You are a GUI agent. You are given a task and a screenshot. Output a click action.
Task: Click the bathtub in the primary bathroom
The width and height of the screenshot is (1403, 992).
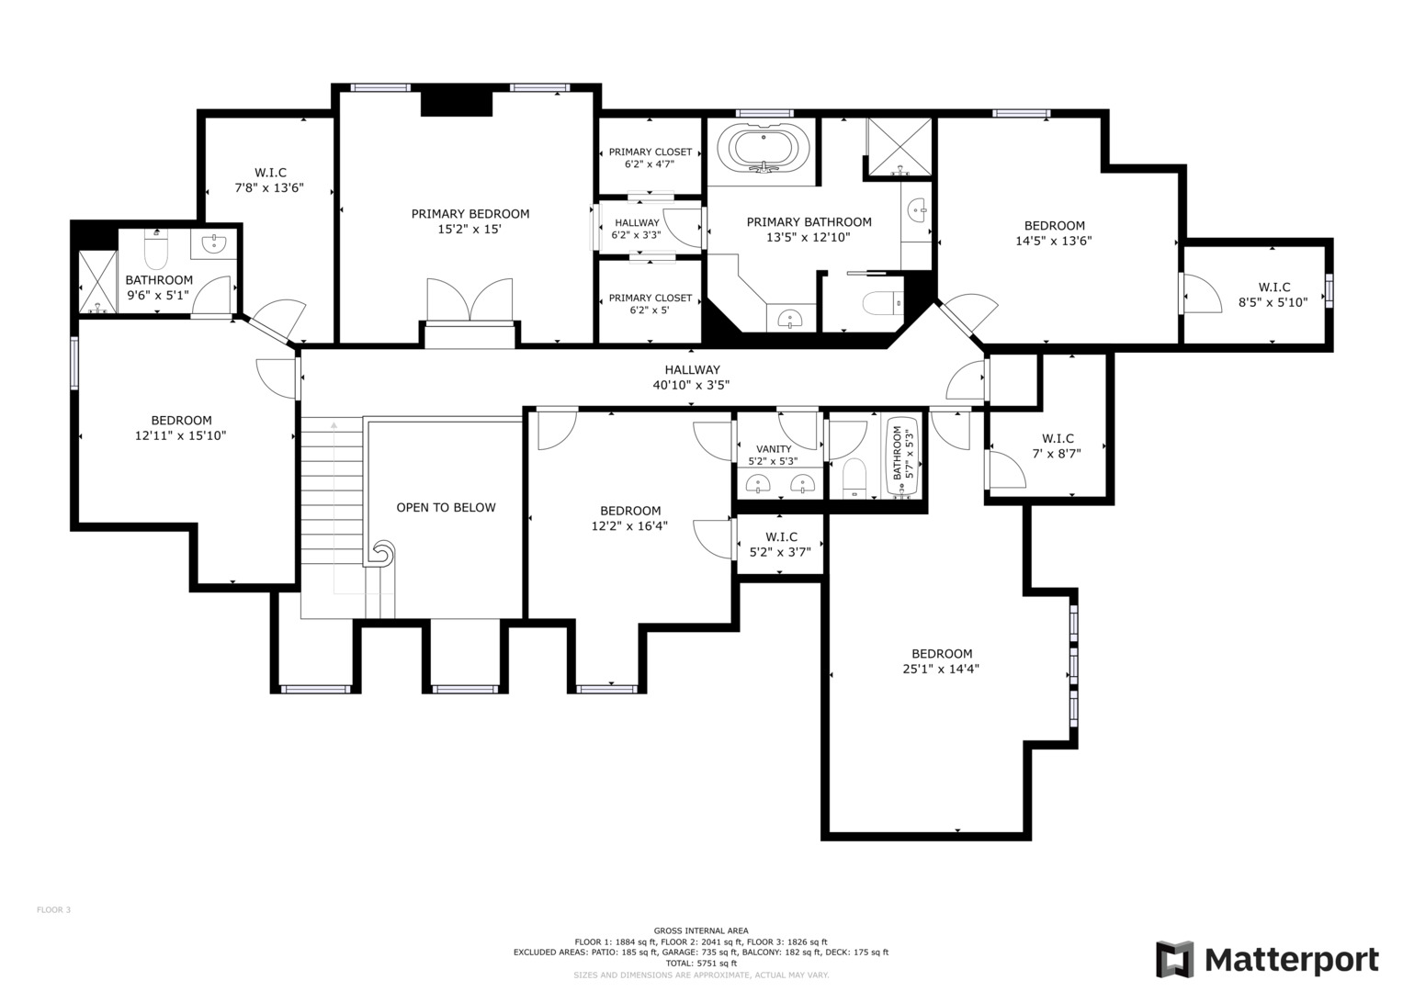point(763,149)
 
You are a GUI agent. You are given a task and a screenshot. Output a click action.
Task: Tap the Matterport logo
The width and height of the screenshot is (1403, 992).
point(1267,959)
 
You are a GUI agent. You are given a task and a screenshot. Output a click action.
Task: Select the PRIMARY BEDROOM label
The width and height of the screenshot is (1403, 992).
point(470,213)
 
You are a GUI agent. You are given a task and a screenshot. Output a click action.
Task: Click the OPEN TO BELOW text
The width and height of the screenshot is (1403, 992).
point(446,507)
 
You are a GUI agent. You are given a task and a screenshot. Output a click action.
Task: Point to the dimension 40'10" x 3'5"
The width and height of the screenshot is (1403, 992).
point(692,385)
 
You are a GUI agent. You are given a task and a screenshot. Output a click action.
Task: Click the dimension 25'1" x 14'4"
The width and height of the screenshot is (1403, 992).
point(941,669)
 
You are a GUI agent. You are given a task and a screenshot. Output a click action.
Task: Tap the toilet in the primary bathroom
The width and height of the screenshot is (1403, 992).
point(883,304)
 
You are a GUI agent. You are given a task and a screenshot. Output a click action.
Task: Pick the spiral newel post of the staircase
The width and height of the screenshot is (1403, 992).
point(381,553)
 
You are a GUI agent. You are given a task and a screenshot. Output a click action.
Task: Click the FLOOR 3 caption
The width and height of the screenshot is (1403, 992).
point(54,910)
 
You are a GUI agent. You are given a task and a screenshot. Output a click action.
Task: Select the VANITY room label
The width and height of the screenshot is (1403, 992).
point(774,449)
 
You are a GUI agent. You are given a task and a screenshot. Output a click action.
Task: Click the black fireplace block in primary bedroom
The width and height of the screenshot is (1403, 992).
point(457,103)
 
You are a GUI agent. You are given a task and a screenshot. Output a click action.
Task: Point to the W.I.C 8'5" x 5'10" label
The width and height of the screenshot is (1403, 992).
point(1273,294)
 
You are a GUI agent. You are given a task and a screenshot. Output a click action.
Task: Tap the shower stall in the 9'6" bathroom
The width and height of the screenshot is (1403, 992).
point(97,282)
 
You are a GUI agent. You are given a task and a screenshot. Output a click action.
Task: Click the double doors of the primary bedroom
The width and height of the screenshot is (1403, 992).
point(470,299)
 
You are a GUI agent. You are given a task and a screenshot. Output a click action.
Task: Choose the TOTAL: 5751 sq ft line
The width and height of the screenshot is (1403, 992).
point(701,964)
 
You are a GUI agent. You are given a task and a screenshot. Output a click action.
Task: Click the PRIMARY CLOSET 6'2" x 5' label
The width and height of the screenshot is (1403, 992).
point(651,304)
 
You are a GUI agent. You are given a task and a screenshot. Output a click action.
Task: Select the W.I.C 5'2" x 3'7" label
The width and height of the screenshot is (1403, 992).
point(780,544)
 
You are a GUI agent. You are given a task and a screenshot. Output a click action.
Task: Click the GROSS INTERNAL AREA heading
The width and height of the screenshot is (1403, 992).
point(701,930)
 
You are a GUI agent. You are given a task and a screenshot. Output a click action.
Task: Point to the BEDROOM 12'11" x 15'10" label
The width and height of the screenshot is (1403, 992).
point(180,428)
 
